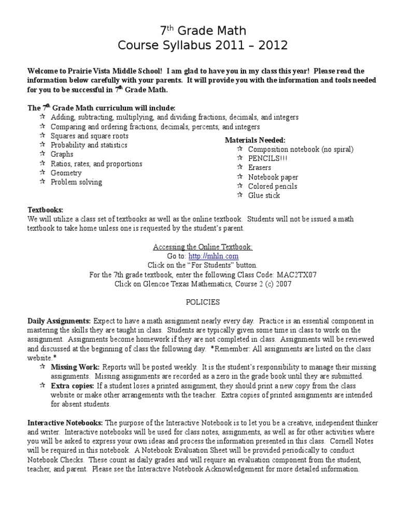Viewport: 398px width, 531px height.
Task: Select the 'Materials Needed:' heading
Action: tap(255, 140)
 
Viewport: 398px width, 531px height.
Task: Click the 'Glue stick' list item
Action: tap(264, 195)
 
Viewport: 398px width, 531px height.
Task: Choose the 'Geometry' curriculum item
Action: tap(66, 173)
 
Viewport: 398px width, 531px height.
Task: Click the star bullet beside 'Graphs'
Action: tap(42, 154)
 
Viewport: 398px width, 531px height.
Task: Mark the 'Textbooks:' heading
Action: tap(45, 209)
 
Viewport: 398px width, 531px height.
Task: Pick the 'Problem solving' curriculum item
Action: tap(76, 182)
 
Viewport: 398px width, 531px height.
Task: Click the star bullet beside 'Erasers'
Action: tap(239, 167)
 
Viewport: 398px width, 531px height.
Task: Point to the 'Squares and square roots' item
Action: tap(89, 136)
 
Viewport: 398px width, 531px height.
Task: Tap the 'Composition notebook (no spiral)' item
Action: tap(301, 149)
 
